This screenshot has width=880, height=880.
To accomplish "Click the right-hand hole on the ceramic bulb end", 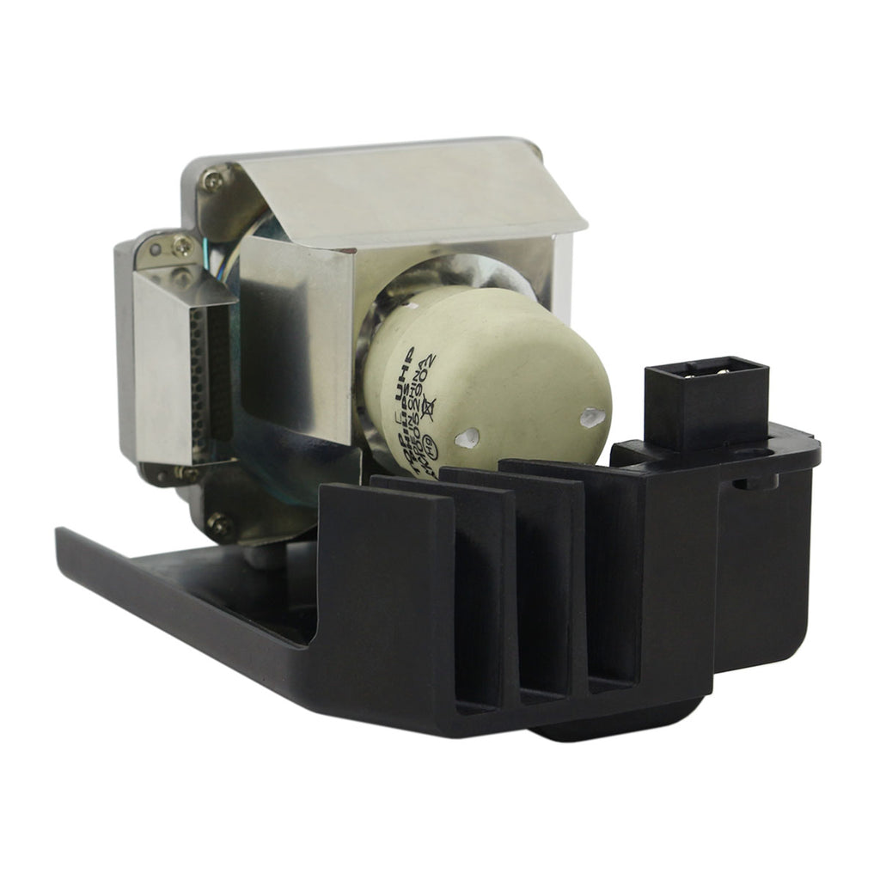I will click(593, 419).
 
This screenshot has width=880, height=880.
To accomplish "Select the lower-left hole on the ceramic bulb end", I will click(467, 438).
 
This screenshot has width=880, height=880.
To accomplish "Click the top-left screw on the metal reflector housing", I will click(211, 179).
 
